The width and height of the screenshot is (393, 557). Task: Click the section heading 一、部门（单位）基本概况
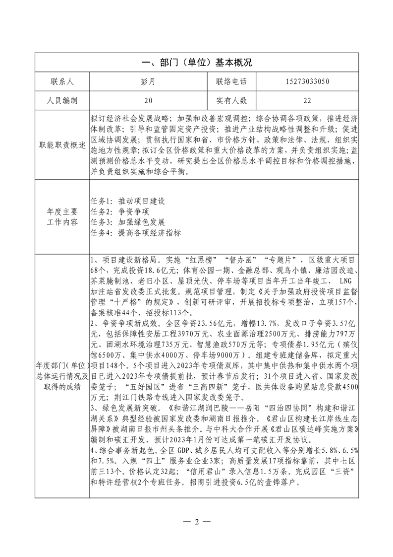tap(197, 62)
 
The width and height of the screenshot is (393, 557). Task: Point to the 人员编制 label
tap(62, 101)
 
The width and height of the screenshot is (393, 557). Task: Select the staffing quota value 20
tap(149, 101)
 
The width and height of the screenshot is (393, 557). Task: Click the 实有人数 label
tap(231, 101)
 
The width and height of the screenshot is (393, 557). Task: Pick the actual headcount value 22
tap(307, 101)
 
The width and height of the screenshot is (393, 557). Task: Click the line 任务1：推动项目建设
tap(128, 202)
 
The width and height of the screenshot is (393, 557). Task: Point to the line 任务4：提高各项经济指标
tap(135, 233)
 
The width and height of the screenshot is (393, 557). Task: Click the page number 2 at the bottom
tap(196, 522)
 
